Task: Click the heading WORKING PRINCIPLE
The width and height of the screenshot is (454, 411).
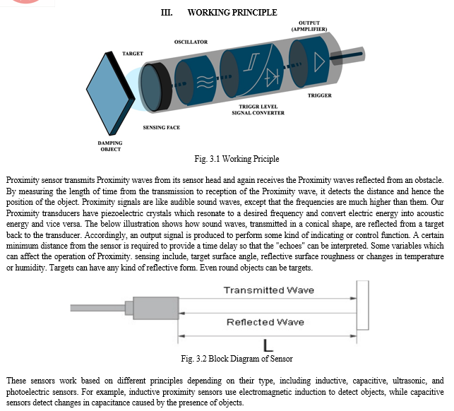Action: pos(232,13)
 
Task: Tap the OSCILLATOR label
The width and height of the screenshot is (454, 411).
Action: pos(191,42)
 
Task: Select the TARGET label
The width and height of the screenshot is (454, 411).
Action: pos(133,54)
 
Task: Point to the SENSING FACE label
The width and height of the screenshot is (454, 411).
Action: pos(161,127)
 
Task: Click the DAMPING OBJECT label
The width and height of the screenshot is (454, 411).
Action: pos(110,146)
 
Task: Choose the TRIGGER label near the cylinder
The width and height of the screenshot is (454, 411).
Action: pos(320,95)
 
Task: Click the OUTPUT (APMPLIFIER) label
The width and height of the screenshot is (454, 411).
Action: pos(309,26)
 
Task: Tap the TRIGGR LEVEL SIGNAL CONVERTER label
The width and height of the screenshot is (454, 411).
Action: pos(258,109)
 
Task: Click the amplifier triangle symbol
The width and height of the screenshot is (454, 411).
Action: pos(319,61)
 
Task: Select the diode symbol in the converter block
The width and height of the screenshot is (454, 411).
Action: pos(272,78)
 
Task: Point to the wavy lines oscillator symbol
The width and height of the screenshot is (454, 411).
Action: pos(205,82)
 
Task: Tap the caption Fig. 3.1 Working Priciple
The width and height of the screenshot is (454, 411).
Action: pos(237,159)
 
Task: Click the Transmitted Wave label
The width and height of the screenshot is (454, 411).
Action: pos(269,290)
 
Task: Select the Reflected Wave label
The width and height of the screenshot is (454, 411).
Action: pos(265,322)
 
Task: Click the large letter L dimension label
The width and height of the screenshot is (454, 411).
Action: pos(268,345)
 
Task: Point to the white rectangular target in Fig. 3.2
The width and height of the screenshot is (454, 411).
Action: pos(362,305)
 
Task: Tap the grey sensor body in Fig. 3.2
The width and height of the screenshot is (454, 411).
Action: pos(156,308)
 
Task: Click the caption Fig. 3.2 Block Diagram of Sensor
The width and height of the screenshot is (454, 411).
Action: pos(237,359)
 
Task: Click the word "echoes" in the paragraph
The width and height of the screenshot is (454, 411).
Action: pos(291,246)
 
